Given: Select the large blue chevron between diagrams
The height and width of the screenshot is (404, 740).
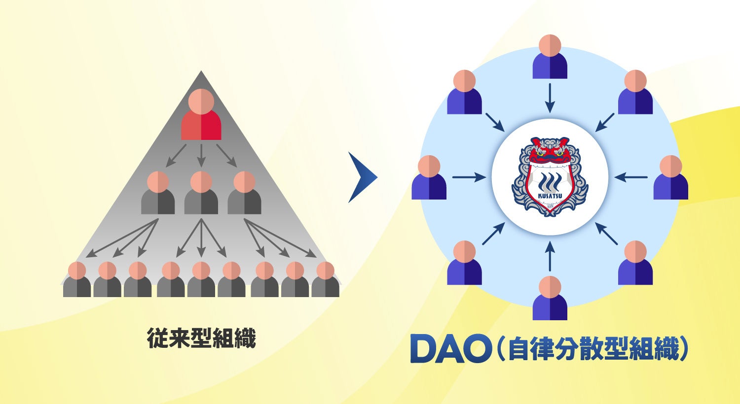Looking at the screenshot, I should click(362, 177).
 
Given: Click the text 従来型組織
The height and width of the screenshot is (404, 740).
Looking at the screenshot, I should click(201, 339).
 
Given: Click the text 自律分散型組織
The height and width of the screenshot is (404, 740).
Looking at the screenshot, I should click(592, 349).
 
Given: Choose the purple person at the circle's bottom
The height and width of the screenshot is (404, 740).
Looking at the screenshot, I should click(550, 298).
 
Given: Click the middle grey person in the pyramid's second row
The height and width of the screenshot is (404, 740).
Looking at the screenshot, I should click(201, 193).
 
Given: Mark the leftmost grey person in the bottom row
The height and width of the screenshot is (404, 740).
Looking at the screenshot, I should click(77, 280).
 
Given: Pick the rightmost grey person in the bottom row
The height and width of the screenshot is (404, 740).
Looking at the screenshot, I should click(325, 280).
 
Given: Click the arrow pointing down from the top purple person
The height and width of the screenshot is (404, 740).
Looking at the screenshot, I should click(550, 97).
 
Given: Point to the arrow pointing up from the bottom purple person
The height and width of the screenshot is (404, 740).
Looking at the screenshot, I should click(551, 256).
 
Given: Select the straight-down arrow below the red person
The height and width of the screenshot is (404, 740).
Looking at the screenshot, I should click(201, 155).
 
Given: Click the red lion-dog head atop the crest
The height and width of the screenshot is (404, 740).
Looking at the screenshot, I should click(550, 150).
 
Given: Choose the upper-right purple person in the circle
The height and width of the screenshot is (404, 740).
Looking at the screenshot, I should click(635, 93).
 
